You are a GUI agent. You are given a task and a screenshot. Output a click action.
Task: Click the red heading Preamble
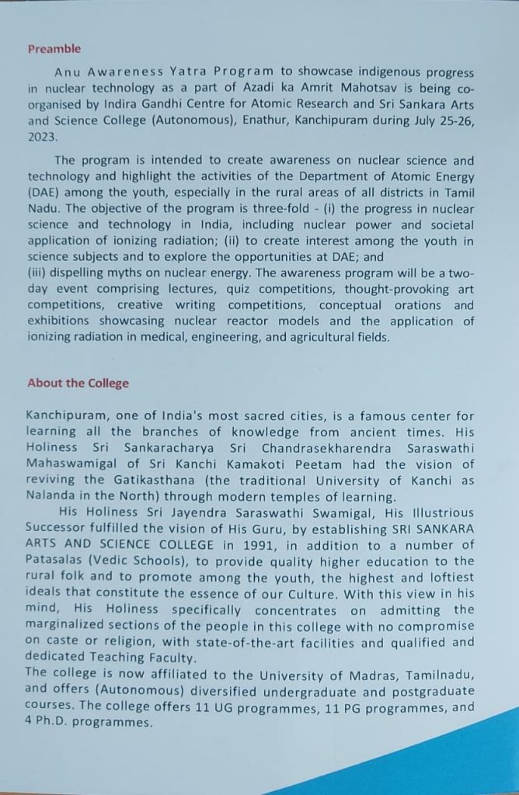(x=54, y=49)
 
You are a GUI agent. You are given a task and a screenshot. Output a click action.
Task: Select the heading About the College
(x=78, y=384)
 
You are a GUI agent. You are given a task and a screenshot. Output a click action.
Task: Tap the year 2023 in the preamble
(x=41, y=136)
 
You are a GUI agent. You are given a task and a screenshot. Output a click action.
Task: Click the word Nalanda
(x=51, y=497)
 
